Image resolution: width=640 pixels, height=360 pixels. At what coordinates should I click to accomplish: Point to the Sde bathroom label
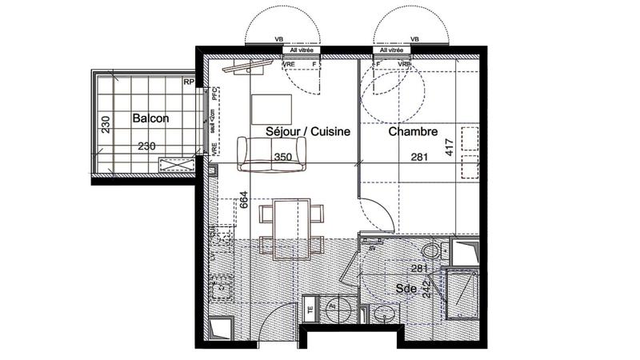[406, 287]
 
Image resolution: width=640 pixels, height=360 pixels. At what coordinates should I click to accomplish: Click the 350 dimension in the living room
[283, 158]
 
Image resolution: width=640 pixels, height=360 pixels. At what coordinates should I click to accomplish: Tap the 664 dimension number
[244, 201]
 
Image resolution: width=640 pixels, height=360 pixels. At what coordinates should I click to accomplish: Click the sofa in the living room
[272, 152]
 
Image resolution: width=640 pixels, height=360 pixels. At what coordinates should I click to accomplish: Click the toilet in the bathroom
[433, 251]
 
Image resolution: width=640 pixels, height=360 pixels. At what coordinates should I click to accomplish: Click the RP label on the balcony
[189, 82]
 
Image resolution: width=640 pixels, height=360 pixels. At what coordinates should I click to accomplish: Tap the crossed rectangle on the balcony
[178, 164]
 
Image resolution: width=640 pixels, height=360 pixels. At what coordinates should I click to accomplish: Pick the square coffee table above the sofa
[272, 110]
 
